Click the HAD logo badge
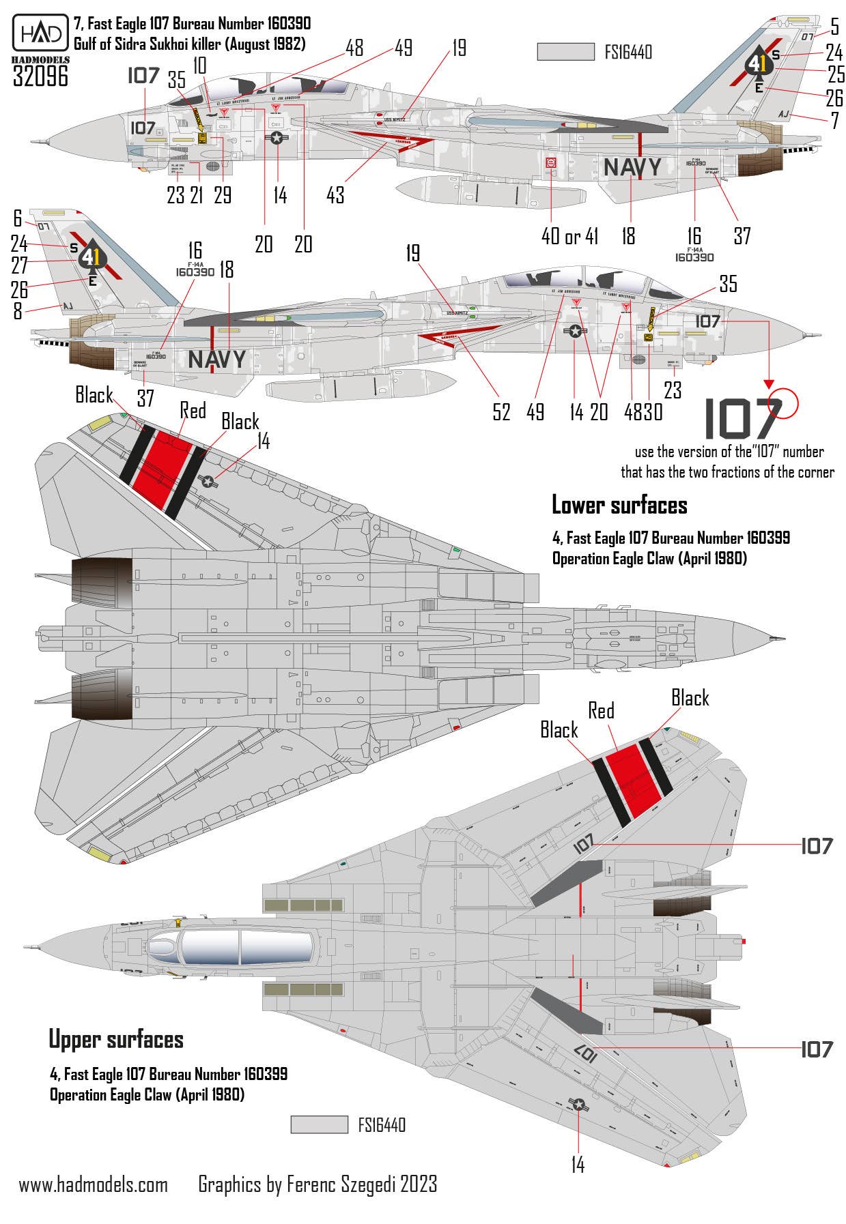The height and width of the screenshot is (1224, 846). tap(40, 33)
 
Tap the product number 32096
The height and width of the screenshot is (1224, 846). tap(41, 76)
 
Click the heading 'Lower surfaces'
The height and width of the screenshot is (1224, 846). tap(619, 506)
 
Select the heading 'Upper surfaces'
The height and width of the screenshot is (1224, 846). tap(116, 1040)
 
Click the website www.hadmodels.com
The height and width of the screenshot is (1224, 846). tap(94, 1184)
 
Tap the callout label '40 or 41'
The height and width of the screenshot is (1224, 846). tap(569, 236)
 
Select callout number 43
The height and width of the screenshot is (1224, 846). tap(335, 195)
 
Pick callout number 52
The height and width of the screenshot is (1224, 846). tap(501, 411)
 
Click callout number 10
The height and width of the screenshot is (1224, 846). tap(199, 65)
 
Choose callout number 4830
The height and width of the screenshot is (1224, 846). tap(643, 411)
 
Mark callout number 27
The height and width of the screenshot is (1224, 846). tap(20, 266)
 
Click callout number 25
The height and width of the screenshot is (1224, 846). tap(836, 74)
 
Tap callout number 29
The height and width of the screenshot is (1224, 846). tap(223, 195)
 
